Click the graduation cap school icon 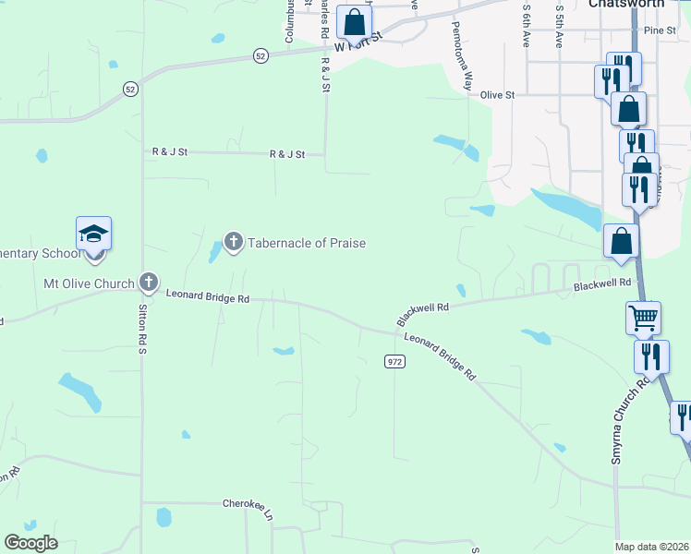[x=93, y=233]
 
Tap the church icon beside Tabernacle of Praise [x=233, y=243]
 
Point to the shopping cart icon [x=643, y=318]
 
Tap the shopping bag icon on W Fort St [x=354, y=22]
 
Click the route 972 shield [x=394, y=362]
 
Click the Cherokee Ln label [x=249, y=503]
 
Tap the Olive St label [x=497, y=94]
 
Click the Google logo [x=30, y=543]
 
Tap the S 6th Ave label [x=526, y=26]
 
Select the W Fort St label [x=358, y=44]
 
